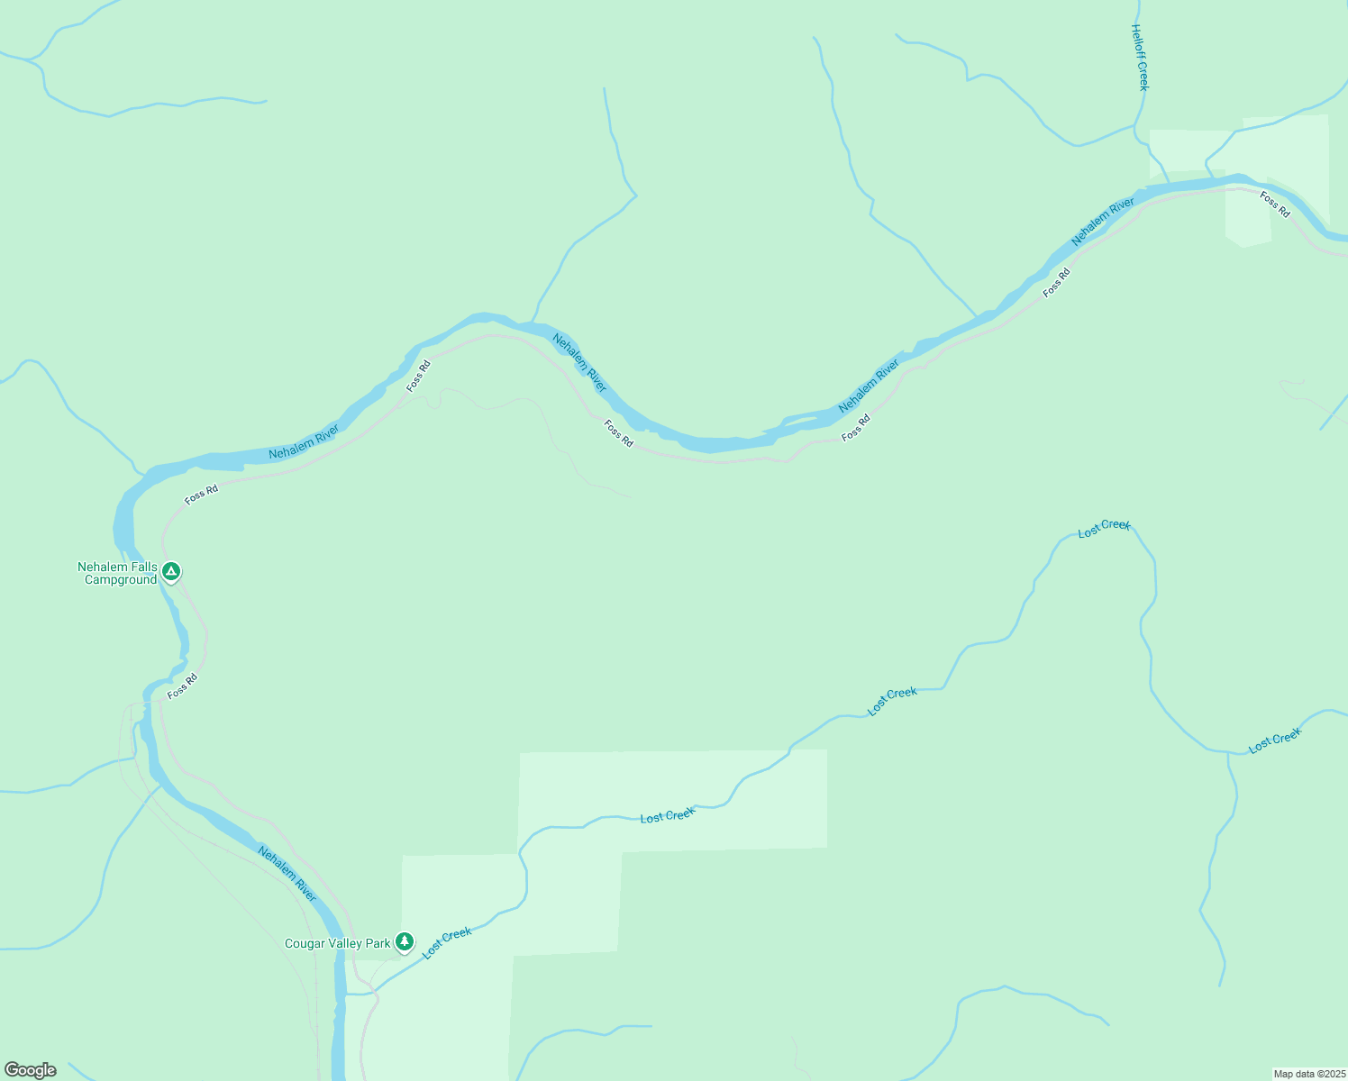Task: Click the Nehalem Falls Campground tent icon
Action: coord(171,571)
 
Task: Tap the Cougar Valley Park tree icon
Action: coord(405,942)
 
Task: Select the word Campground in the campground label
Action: coord(121,580)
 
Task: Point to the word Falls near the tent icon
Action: coord(142,568)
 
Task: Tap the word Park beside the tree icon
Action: coord(379,944)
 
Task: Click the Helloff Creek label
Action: coord(1141,57)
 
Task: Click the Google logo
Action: coord(31,1070)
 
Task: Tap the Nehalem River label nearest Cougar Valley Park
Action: coord(287,873)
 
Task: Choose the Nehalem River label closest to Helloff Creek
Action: coord(1102,222)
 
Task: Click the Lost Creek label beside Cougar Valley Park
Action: coord(447,943)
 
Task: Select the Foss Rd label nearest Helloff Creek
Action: coord(1275,204)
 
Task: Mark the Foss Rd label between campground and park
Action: coord(182,686)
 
